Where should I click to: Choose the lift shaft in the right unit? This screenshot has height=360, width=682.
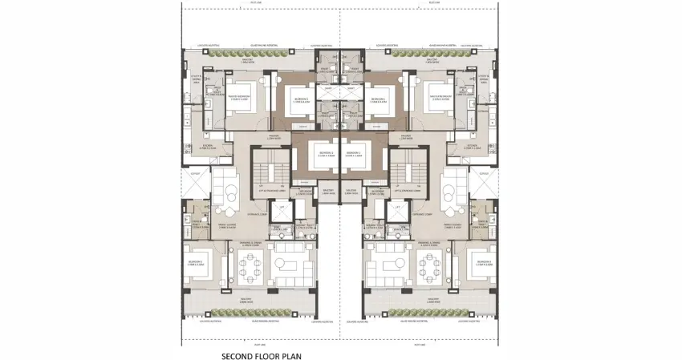tap(395, 211)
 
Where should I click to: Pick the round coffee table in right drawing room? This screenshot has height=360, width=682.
tap(451, 192)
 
